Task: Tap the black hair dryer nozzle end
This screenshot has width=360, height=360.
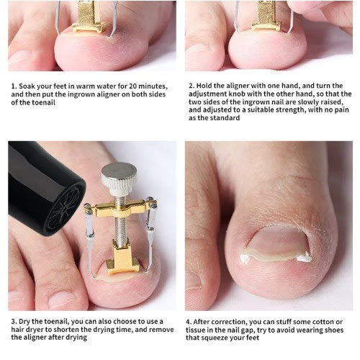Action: [64, 208]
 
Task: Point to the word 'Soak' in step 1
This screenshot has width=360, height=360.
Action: [27, 86]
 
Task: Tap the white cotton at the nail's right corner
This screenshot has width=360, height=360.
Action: [304, 258]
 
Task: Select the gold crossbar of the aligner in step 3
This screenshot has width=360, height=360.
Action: [120, 208]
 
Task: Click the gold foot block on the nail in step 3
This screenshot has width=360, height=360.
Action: [122, 259]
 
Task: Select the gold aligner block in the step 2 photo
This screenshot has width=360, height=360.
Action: [266, 17]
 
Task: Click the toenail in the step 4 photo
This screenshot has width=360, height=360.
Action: [276, 244]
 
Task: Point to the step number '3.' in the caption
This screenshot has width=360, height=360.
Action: [14, 322]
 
